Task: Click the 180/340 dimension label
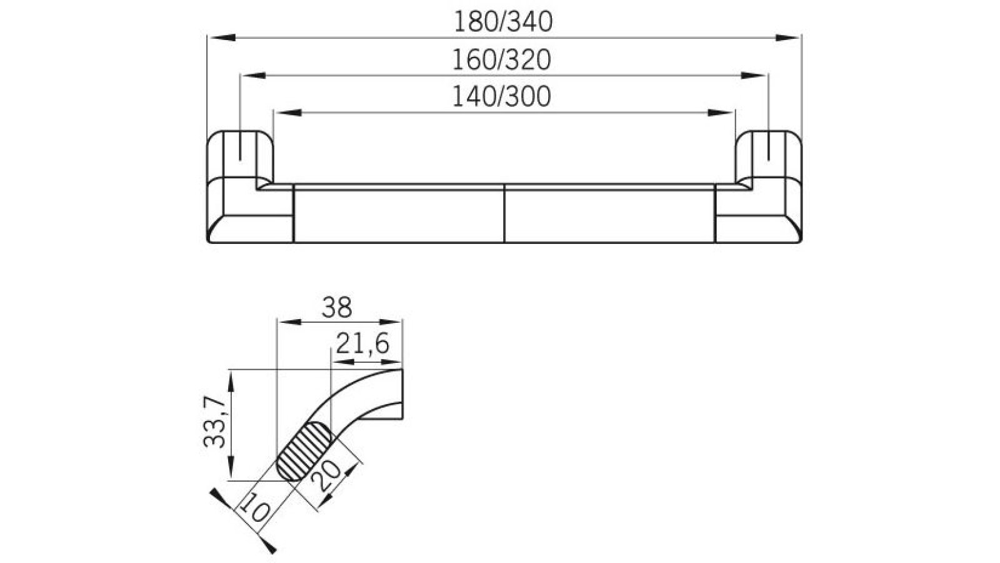click(x=503, y=22)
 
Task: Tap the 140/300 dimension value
click(x=502, y=97)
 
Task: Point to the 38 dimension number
click(x=337, y=308)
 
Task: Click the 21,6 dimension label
click(x=362, y=343)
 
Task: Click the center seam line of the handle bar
click(x=504, y=213)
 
